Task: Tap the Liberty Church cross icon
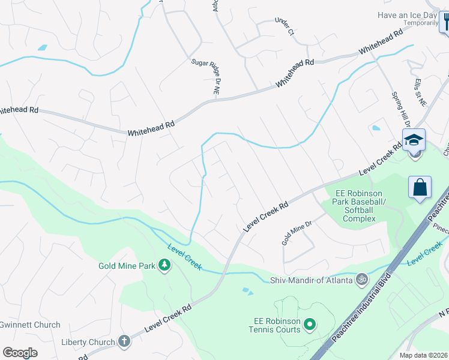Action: tap(124, 342)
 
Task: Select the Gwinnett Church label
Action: tap(30, 325)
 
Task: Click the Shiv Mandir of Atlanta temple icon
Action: tap(361, 279)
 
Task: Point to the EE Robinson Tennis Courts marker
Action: tap(310, 325)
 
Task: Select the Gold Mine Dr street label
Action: tap(298, 233)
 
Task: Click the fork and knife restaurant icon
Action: tap(445, 23)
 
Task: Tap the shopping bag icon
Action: tap(420, 187)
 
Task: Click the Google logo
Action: tap(20, 352)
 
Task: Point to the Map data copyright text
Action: tap(423, 355)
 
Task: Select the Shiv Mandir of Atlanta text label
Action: tap(310, 279)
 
